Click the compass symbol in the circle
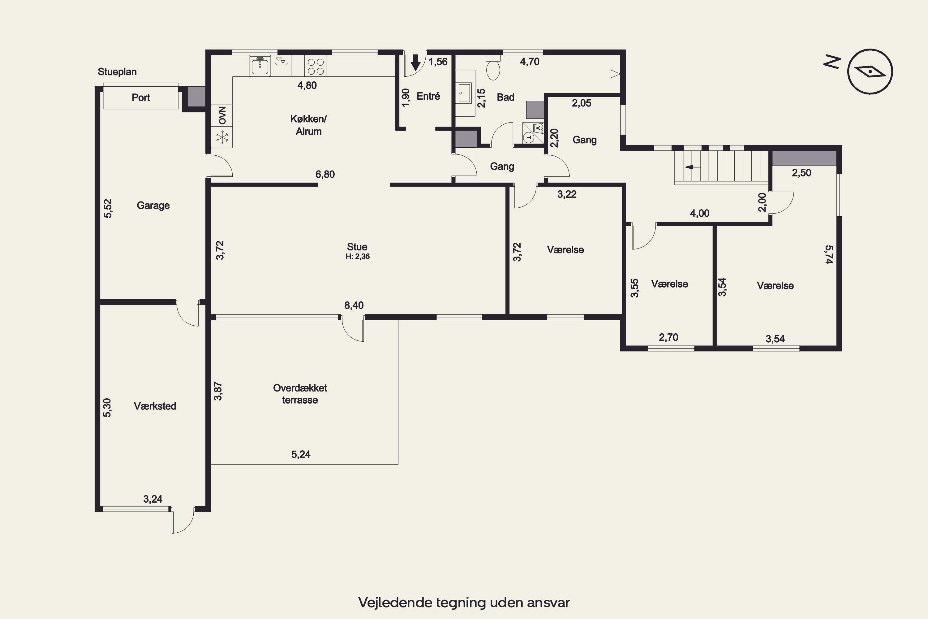pyautogui.click(x=870, y=71)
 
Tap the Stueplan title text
pyautogui.click(x=117, y=72)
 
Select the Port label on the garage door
pyautogui.click(x=141, y=97)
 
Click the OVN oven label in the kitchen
pyautogui.click(x=222, y=115)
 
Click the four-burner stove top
pyautogui.click(x=315, y=66)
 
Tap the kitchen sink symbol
pyautogui.click(x=260, y=66)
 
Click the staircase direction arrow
pyautogui.click(x=693, y=167)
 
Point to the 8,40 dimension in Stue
pyautogui.click(x=354, y=305)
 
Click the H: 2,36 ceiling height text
pyautogui.click(x=358, y=257)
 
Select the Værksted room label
pyautogui.click(x=155, y=406)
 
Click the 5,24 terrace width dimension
pyautogui.click(x=301, y=454)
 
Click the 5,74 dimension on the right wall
pyautogui.click(x=829, y=255)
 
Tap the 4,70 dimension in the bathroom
pyautogui.click(x=530, y=62)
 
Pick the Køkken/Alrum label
pyautogui.click(x=308, y=125)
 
